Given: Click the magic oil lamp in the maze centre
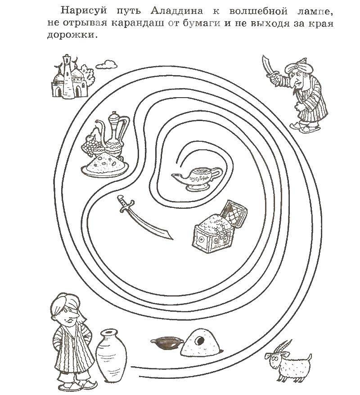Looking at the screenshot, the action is (197, 178).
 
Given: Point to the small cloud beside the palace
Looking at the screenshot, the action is (107, 64).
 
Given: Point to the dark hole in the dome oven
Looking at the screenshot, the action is (201, 341).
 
